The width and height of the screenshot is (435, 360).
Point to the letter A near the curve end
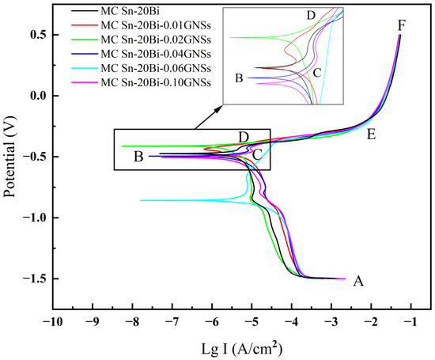coord(358,281)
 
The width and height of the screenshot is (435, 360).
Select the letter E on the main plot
coord(370,135)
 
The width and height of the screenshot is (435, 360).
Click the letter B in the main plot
coord(138,157)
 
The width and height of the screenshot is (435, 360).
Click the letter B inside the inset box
coord(239,78)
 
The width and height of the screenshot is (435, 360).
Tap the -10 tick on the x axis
coord(52,323)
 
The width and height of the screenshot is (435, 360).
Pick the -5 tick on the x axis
coord(252,323)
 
